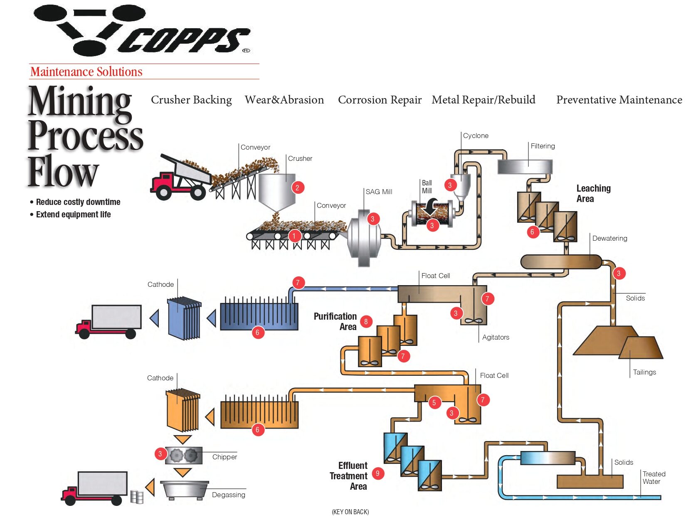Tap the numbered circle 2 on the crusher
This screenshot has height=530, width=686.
(x=297, y=187)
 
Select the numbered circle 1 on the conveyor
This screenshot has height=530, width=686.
(x=294, y=236)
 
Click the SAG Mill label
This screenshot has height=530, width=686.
(x=379, y=192)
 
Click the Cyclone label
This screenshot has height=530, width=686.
(x=476, y=136)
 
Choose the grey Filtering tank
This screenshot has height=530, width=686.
(x=525, y=167)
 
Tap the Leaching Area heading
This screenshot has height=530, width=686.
(x=593, y=193)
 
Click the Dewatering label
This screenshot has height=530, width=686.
(x=610, y=238)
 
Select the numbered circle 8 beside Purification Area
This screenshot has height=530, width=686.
(x=366, y=321)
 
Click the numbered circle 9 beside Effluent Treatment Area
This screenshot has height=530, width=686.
(x=378, y=473)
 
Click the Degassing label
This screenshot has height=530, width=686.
(x=228, y=495)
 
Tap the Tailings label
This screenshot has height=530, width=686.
(x=644, y=372)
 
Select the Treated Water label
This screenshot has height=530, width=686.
(x=654, y=478)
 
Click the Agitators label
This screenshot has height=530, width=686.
(x=496, y=337)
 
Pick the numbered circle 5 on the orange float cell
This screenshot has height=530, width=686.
(x=434, y=402)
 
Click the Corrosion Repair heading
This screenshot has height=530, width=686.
(x=380, y=100)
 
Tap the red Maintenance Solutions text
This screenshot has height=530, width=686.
(x=86, y=72)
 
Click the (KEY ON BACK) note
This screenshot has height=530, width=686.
(x=350, y=512)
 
